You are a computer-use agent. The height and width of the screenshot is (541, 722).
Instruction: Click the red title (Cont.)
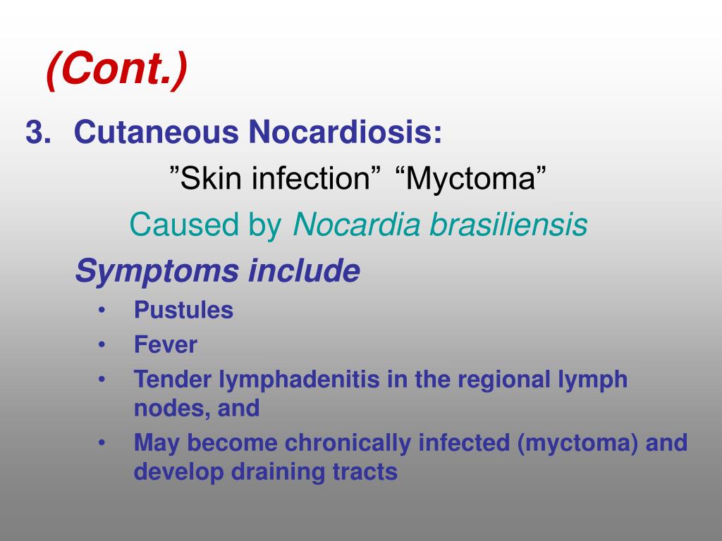pos(117,70)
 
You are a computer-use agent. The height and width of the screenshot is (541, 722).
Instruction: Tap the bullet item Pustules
pos(183,311)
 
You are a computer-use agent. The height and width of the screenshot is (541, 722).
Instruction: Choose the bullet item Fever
pos(166,345)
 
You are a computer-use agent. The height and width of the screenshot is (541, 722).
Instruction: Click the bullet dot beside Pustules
pos(103,311)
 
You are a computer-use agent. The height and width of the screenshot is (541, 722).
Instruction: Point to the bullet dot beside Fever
pos(103,345)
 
